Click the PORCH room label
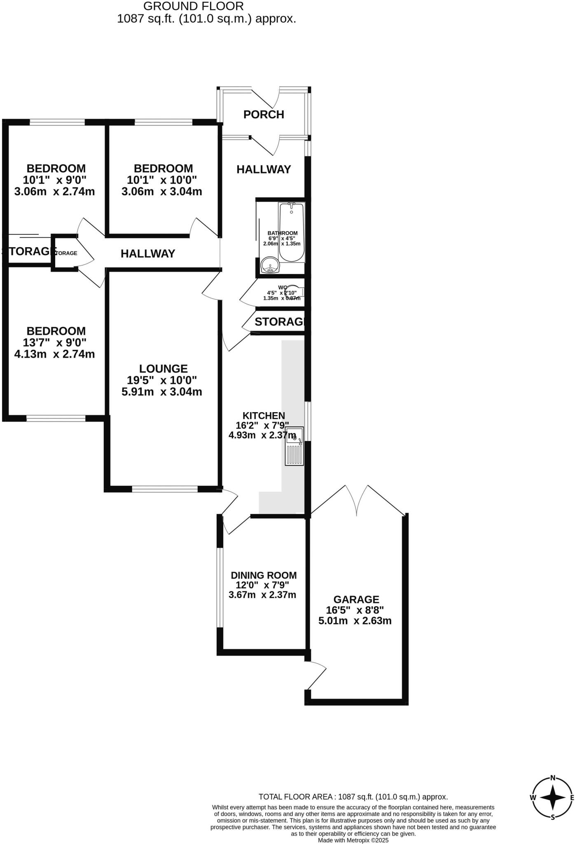(264, 115)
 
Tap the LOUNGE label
(163, 369)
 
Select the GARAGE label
(356, 600)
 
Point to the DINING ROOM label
(264, 575)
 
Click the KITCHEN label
(264, 416)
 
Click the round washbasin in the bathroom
(270, 265)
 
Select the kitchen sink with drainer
(294, 446)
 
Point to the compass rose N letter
(553, 778)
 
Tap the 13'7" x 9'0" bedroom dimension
(55, 342)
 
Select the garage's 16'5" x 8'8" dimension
(355, 610)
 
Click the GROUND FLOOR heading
(193, 6)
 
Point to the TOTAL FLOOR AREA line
(353, 797)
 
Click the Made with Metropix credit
(353, 840)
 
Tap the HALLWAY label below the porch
(264, 169)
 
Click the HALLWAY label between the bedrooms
(148, 253)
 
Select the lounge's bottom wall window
(165, 489)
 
